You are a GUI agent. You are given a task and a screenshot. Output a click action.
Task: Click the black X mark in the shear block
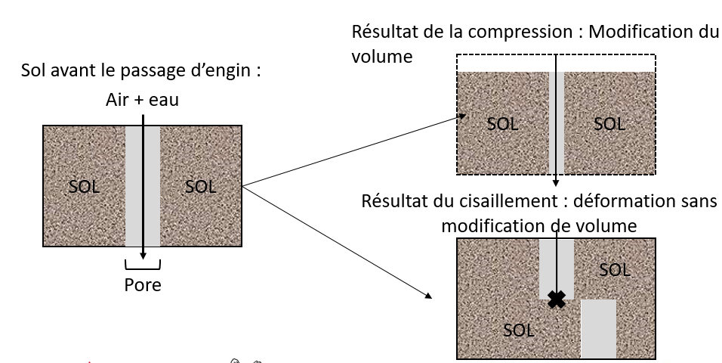pos(556,299)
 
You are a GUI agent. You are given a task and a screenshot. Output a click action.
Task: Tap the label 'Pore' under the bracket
pos(143,287)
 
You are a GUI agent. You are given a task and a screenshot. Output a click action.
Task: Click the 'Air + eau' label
pos(143,99)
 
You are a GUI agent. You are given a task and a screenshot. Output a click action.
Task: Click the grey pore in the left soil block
pos(143,185)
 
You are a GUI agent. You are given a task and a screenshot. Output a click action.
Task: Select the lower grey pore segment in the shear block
pos(598,329)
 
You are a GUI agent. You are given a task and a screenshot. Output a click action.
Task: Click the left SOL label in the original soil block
pos(85,187)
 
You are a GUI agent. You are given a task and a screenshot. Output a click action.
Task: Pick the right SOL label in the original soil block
pos(200,187)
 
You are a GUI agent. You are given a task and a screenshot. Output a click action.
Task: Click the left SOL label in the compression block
pos(502,124)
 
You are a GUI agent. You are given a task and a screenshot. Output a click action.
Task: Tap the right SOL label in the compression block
pos(609,124)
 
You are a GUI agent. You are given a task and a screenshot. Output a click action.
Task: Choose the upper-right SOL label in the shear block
pos(613,269)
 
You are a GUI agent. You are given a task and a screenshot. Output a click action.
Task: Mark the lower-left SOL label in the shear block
pos(519,330)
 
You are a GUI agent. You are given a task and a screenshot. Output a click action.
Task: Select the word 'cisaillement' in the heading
pos(511,203)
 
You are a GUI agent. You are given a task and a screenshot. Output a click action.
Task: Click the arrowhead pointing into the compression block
pos(461,116)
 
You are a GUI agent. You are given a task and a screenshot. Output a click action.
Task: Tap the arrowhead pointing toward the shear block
pos(433,296)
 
